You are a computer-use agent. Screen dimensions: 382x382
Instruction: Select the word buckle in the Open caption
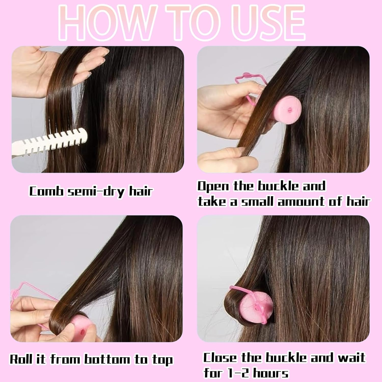coord(278,186)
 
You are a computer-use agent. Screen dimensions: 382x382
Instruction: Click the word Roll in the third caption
coord(21,359)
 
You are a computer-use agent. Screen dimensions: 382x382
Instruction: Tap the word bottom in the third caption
coord(107,359)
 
